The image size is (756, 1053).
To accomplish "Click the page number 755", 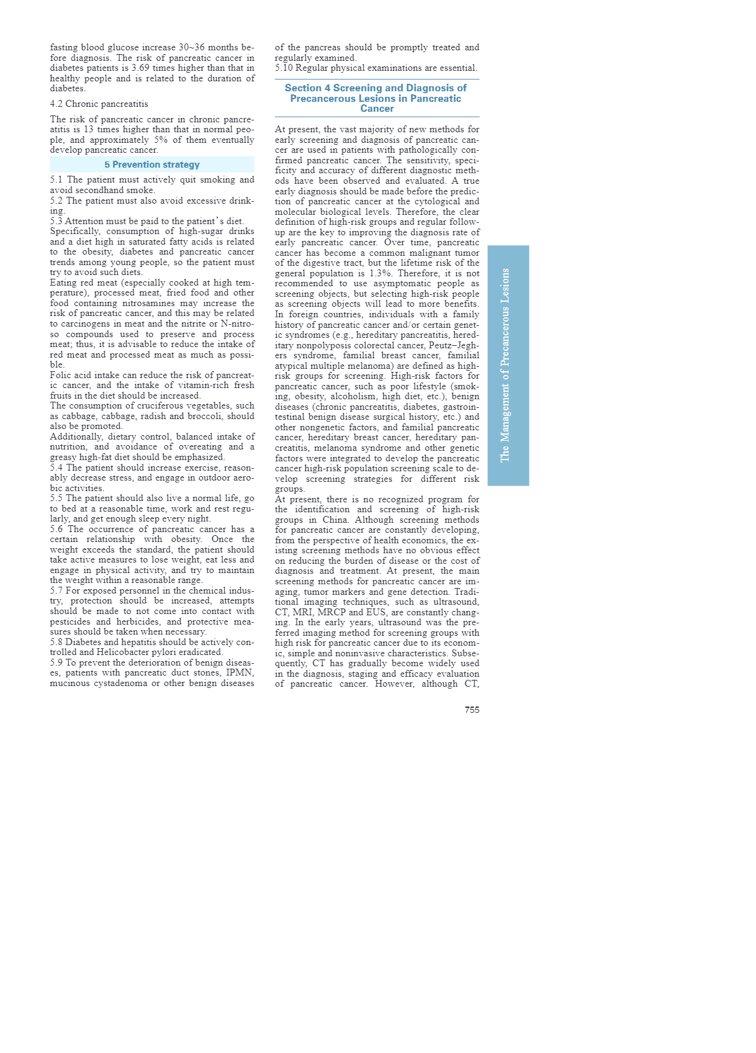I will click(472, 710).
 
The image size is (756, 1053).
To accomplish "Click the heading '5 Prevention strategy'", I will click(152, 165).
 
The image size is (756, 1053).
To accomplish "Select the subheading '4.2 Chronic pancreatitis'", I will click(99, 104).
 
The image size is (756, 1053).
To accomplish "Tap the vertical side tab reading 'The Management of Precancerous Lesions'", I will click(508, 365).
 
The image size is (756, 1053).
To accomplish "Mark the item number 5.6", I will click(58, 530).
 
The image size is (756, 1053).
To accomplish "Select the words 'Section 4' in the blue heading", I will click(307, 88).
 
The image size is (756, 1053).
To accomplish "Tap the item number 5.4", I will click(58, 468).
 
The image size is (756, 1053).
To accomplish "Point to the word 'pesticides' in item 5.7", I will click(71, 621).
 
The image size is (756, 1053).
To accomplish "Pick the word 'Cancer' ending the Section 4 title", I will click(377, 109).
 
